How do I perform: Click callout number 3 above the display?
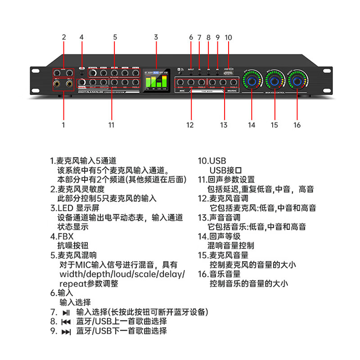[x=156, y=37]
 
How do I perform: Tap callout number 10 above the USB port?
[x=229, y=37]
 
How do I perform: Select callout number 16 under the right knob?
[x=297, y=125]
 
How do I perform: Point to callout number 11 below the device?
[x=112, y=125]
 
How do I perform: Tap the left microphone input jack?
[x=58, y=84]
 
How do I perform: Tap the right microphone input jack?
[x=70, y=84]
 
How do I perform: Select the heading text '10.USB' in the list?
[x=212, y=161]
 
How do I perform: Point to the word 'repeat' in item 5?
[x=72, y=283]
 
